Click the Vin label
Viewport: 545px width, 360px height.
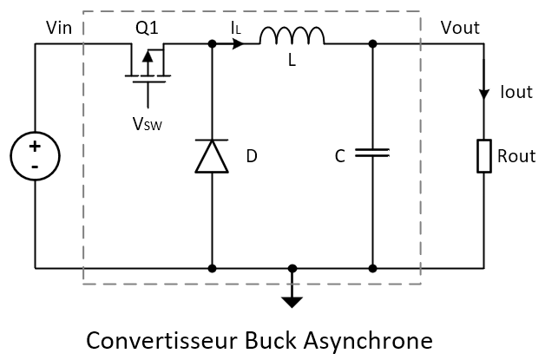click(60, 29)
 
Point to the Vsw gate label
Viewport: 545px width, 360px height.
click(146, 124)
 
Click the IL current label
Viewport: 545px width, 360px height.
click(235, 29)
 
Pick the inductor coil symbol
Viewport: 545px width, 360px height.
click(292, 36)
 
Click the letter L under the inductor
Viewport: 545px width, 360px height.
click(292, 62)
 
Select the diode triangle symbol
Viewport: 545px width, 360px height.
click(213, 156)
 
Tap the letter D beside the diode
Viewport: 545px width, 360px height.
click(252, 157)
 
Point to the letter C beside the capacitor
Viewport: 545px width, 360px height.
click(340, 157)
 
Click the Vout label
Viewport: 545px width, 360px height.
click(460, 28)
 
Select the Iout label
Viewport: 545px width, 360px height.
click(515, 90)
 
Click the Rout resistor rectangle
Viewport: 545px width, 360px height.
click(483, 156)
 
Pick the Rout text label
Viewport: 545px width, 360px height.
click(517, 157)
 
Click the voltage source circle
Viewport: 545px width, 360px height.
click(36, 156)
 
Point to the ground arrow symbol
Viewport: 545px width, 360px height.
click(292, 300)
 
